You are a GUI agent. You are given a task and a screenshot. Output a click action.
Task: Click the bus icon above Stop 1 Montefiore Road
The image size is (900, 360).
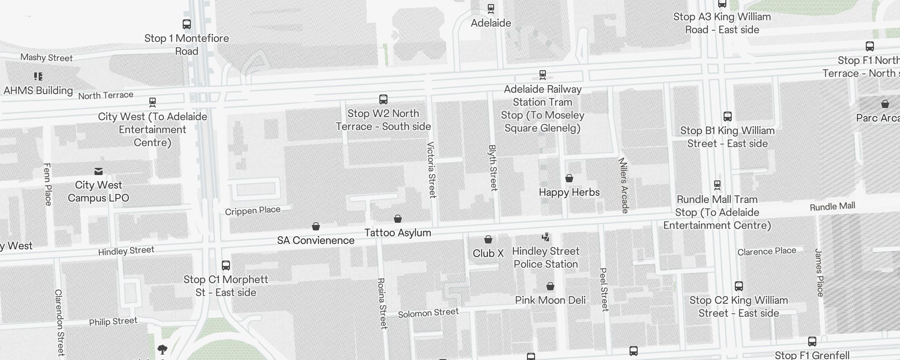[x=186, y=24]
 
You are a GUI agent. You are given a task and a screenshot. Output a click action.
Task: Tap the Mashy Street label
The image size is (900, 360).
[x=46, y=58]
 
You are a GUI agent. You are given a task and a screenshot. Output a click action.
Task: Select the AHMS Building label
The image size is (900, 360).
[x=38, y=90]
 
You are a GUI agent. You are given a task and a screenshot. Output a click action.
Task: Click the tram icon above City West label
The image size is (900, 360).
[x=153, y=102]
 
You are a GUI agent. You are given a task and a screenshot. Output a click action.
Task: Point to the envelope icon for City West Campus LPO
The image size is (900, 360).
[x=98, y=171]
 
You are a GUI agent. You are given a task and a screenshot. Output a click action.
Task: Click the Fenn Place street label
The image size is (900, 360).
[x=47, y=184]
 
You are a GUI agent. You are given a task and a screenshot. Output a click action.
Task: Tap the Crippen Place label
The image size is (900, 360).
[x=252, y=211]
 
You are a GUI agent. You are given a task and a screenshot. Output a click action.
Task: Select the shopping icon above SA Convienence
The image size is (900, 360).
[x=316, y=226]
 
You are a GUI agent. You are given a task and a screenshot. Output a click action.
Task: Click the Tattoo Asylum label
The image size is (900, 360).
[x=397, y=233]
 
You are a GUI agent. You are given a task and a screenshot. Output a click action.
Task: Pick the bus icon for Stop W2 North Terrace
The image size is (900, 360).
[x=383, y=99]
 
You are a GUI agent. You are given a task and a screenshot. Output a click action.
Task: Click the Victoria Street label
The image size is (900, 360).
[x=431, y=170]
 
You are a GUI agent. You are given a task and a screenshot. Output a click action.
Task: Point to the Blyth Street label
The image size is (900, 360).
[x=493, y=167]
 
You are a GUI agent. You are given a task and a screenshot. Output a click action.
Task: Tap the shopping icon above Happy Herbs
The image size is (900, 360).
[x=569, y=178]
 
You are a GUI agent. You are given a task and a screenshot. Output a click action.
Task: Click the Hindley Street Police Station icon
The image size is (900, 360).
[x=545, y=237]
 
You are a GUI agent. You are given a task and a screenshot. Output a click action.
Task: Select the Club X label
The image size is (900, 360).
[x=488, y=253]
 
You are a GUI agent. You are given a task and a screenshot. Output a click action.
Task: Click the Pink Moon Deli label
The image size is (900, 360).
[x=550, y=300]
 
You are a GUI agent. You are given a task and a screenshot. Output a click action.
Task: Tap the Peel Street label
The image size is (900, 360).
[x=604, y=289]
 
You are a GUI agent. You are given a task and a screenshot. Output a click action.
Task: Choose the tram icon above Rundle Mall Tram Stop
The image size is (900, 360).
[x=717, y=185]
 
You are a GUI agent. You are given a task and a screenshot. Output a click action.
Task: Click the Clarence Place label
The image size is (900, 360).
[x=766, y=251]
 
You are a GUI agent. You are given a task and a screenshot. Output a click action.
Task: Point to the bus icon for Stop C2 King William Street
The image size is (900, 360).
[x=738, y=286]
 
